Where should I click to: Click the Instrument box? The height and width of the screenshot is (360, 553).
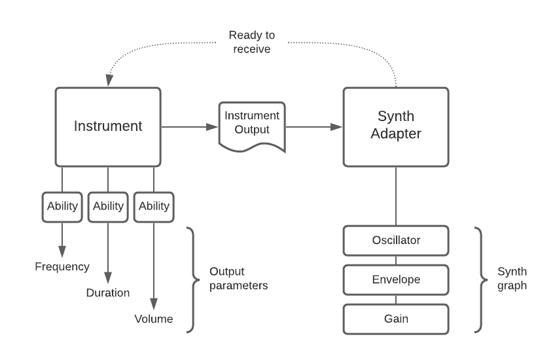[x=108, y=127]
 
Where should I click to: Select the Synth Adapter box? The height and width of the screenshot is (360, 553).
[x=396, y=127]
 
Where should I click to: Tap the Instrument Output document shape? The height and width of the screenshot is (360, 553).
[x=252, y=124]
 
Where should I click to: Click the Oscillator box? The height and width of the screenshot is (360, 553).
[x=395, y=240]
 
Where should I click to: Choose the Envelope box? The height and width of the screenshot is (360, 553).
[x=395, y=279]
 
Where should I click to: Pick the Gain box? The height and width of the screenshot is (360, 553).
[x=395, y=319]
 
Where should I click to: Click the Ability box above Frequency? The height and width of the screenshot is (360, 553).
[x=62, y=206]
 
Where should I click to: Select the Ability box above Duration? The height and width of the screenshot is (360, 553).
[x=108, y=206]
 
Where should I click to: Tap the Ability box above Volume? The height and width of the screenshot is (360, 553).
[x=154, y=206]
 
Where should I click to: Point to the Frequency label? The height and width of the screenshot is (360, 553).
[x=62, y=266]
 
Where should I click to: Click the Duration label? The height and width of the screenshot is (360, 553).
[x=108, y=293]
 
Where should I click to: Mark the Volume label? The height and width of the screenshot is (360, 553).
[x=154, y=319]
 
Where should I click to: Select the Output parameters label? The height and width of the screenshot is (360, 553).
[x=239, y=279]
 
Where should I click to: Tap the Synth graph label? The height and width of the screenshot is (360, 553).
[x=512, y=279]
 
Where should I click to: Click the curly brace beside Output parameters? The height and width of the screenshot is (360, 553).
[x=192, y=279]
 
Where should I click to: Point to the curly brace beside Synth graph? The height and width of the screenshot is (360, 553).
[x=480, y=279]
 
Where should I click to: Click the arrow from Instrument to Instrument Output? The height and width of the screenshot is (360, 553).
[x=190, y=127]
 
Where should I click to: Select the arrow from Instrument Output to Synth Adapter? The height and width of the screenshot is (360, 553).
[x=314, y=127]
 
